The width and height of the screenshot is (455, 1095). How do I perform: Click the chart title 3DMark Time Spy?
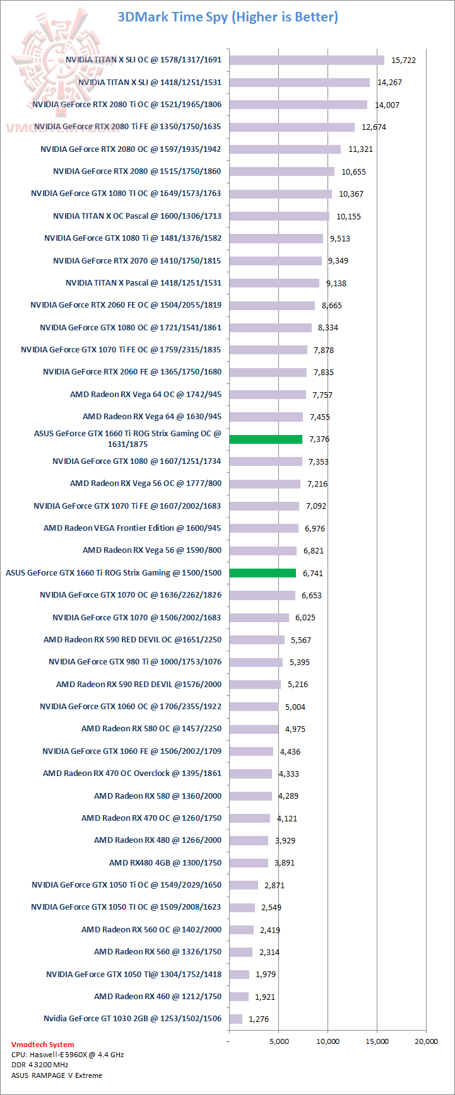tap(228, 17)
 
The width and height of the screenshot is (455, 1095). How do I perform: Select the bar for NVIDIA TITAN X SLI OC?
tap(307, 60)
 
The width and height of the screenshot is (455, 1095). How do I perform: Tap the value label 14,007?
tap(387, 105)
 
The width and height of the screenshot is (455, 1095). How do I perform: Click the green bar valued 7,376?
tap(266, 439)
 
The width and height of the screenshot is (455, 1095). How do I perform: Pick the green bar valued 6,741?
tap(263, 573)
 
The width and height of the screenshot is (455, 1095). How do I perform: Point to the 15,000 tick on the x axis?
tap(377, 1041)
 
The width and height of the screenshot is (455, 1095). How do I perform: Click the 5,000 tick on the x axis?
tap(278, 1041)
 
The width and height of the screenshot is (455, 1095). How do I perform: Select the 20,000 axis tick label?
tap(426, 1041)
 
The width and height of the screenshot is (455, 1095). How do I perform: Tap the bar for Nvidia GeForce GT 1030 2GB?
tap(235, 1019)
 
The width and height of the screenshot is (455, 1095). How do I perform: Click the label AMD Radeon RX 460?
tap(158, 997)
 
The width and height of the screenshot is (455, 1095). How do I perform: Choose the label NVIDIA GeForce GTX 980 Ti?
tap(135, 662)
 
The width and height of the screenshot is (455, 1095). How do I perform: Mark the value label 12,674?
tap(374, 127)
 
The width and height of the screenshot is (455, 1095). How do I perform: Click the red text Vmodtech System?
tap(42, 1045)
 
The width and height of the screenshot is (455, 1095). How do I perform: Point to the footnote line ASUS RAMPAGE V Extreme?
tap(56, 1075)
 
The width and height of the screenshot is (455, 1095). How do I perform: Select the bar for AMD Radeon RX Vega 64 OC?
tap(268, 395)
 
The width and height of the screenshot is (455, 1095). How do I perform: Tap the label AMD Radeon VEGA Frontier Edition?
tap(133, 528)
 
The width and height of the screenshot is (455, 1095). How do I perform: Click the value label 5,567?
tap(300, 640)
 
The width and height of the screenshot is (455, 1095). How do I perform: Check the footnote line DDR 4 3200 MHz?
tap(40, 1065)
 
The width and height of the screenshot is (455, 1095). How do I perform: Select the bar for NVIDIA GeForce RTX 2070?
tap(275, 260)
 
